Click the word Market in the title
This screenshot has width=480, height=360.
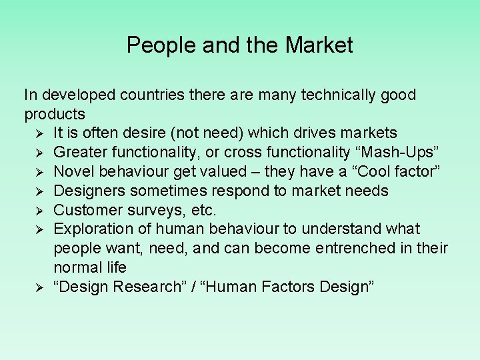point(319,45)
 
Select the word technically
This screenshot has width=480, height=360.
point(341,95)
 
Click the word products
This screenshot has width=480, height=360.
point(55,114)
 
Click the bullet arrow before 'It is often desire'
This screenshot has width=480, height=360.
point(39,134)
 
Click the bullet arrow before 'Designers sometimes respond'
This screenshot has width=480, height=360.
point(39,192)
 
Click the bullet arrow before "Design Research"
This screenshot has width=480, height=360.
point(39,288)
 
